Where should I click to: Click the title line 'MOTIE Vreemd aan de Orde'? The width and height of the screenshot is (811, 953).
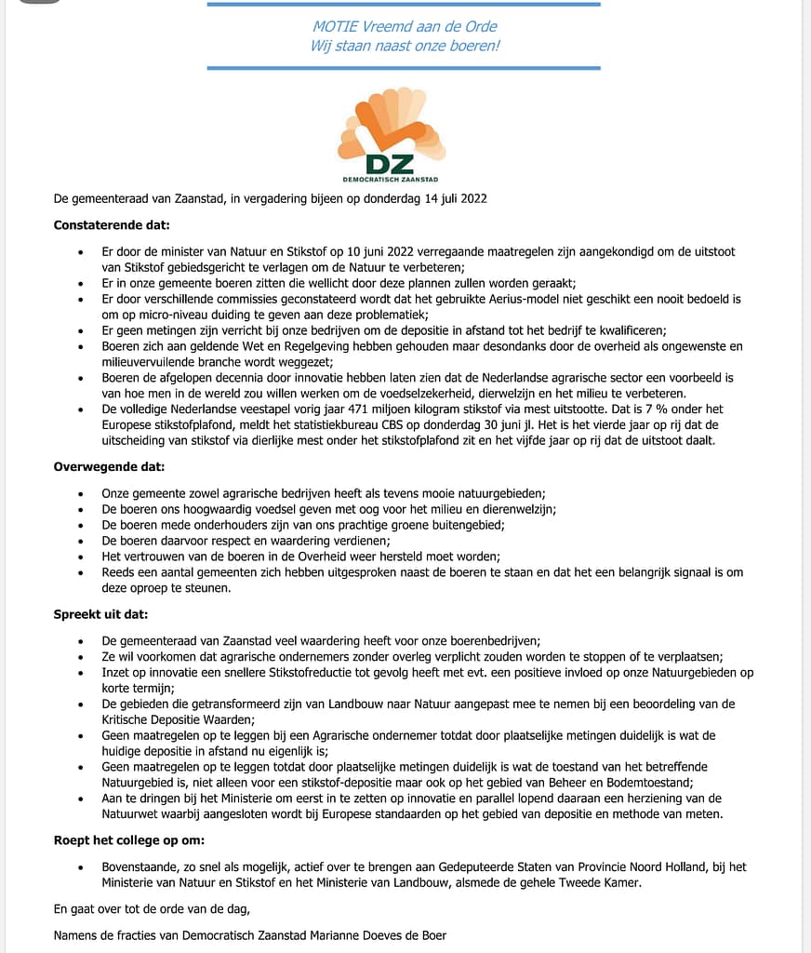[x=405, y=26]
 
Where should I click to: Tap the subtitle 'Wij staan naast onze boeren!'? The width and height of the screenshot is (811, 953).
[x=405, y=46]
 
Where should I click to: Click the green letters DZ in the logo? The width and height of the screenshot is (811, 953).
[x=390, y=163]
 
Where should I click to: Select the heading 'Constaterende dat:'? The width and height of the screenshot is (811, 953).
[x=112, y=225]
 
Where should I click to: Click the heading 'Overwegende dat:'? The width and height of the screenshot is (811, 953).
[x=109, y=467]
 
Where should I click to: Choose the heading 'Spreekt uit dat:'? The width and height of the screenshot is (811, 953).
[x=100, y=614]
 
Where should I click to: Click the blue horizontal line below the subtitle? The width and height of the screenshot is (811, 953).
[x=404, y=68]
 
